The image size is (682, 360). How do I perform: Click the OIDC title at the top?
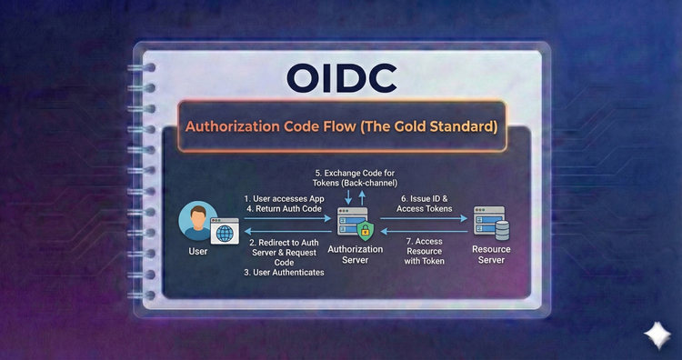click(x=341, y=78)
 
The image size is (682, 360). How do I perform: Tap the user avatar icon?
click(x=196, y=221)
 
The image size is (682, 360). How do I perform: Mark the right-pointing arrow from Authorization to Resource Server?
click(x=427, y=219)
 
